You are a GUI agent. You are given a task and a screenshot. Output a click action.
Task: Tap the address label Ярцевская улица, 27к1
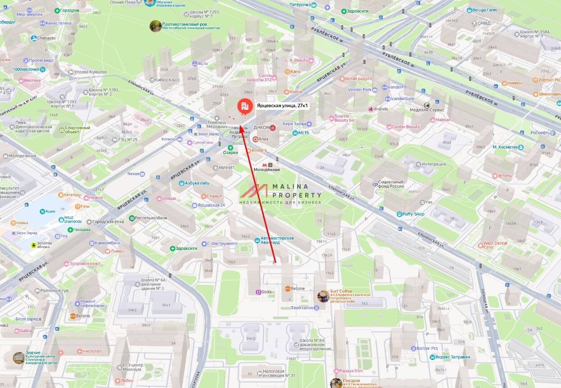[x=282, y=106]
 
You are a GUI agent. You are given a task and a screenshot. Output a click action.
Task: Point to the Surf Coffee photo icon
[x=323, y=297]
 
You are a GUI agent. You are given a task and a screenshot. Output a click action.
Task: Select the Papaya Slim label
[x=351, y=371]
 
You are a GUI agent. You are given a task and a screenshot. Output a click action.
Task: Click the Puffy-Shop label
[x=413, y=214]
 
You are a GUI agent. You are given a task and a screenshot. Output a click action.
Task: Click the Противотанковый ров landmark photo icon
[x=155, y=26]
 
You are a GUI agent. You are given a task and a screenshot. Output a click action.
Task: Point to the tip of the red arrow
[x=241, y=126]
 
